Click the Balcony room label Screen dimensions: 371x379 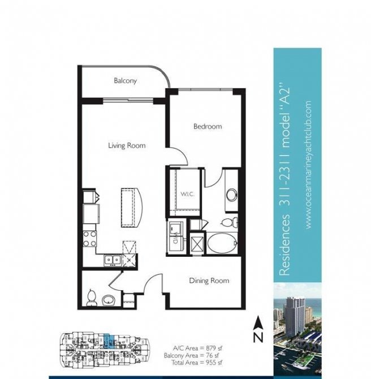[x=125, y=80]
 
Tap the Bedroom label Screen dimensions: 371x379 [x=208, y=126]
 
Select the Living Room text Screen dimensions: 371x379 [x=127, y=145]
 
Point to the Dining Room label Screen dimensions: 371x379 [x=209, y=281]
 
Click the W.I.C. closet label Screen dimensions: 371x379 [x=187, y=194]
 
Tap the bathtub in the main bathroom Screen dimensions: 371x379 [x=222, y=243]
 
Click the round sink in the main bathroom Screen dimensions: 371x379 [x=232, y=195]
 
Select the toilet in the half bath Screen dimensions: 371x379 [x=92, y=298]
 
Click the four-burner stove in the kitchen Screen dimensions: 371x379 [x=90, y=239]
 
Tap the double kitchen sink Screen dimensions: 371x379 [x=113, y=260]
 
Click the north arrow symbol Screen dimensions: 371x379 [x=258, y=329]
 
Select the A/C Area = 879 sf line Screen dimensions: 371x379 [x=197, y=348]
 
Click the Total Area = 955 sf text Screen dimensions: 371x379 [x=197, y=363]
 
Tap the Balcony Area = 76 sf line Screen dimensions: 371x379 [x=191, y=355]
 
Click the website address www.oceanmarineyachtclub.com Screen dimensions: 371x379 [x=308, y=165]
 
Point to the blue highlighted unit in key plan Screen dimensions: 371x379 [x=109, y=341]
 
